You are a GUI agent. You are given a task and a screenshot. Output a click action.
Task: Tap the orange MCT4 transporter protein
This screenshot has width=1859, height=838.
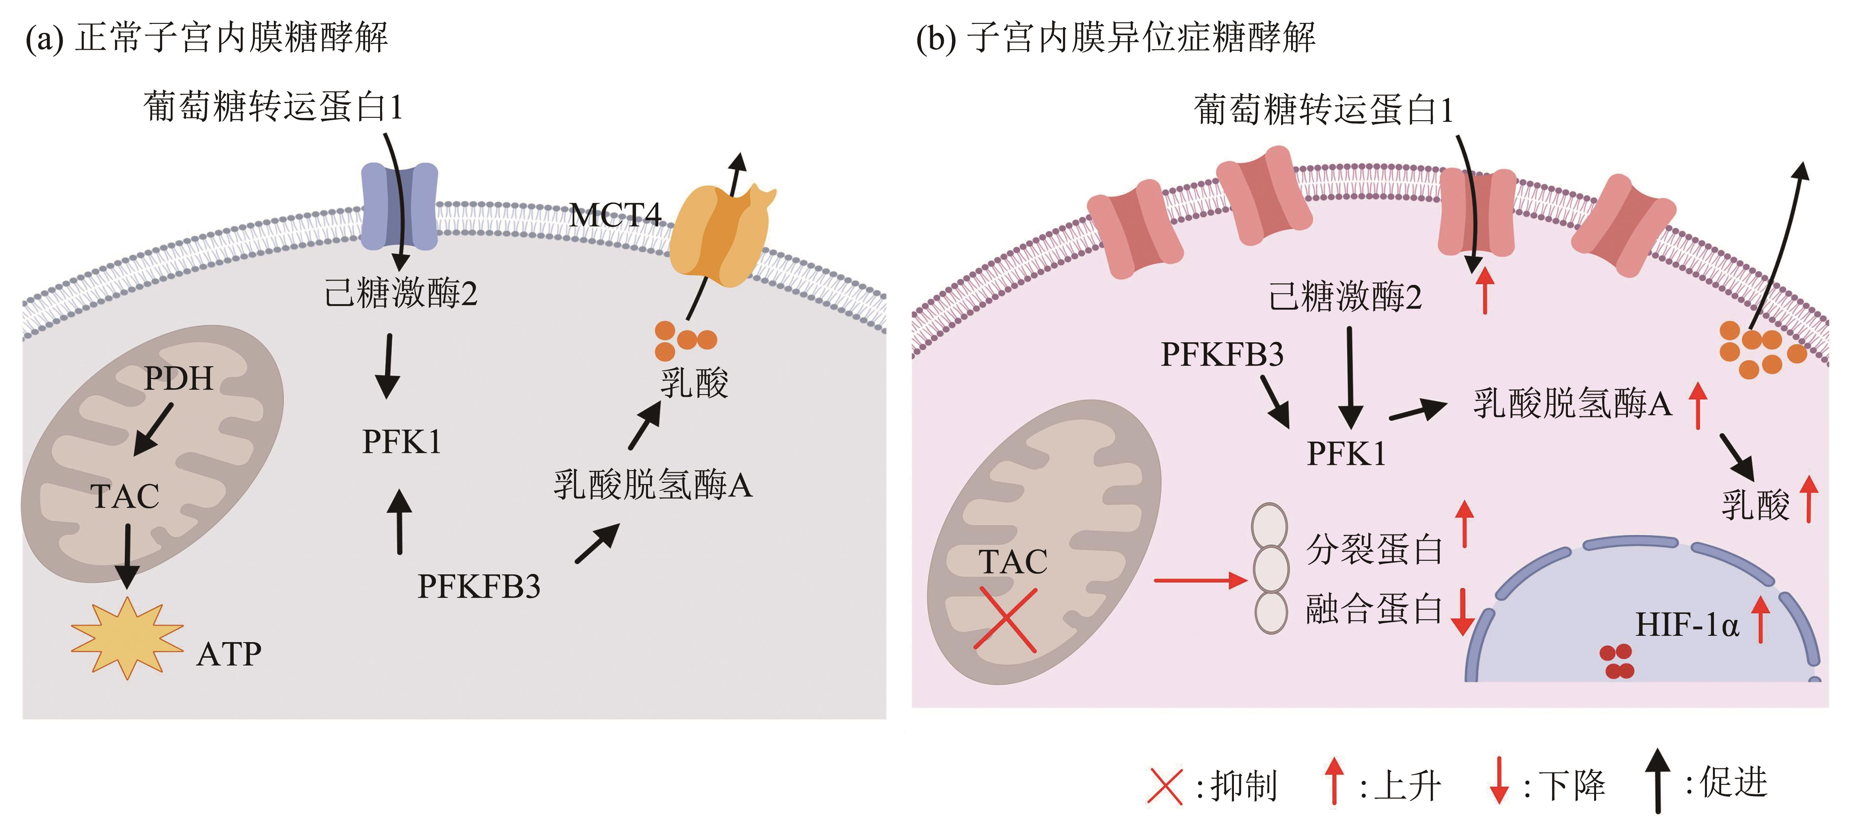(x=719, y=235)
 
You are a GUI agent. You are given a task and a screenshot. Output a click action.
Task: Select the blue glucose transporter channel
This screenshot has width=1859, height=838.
(x=399, y=206)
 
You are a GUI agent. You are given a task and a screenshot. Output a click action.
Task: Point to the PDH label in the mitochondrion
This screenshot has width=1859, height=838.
(x=178, y=378)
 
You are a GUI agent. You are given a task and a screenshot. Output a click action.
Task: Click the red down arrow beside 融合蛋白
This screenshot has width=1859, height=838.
(x=1463, y=612)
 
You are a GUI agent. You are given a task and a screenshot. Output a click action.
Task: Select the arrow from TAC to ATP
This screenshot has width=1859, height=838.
(x=128, y=556)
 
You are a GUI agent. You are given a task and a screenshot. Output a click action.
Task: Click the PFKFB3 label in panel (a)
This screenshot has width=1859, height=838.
(x=478, y=586)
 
